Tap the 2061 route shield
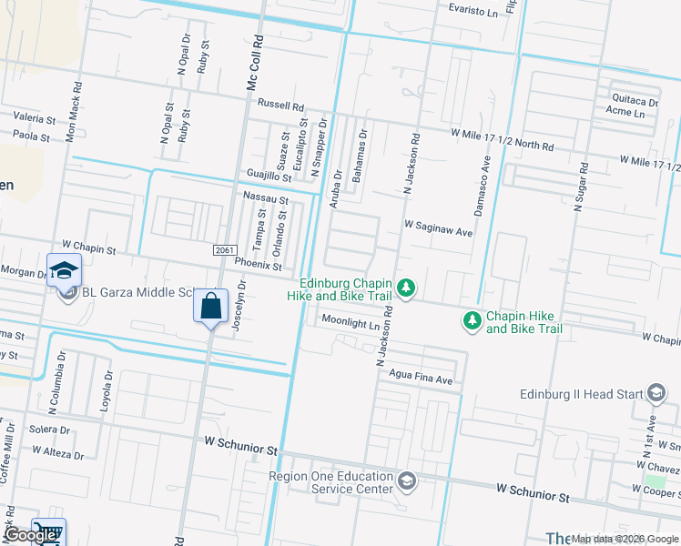pyautogui.click(x=225, y=250)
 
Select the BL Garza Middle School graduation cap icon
pyautogui.click(x=65, y=270)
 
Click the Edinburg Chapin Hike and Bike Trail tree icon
pyautogui.click(x=407, y=288)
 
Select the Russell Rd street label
pyautogui.click(x=280, y=105)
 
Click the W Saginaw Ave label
pyautogui.click(x=438, y=232)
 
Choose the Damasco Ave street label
pyautogui.click(x=486, y=177)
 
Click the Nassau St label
pyautogui.click(x=265, y=198)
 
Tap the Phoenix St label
pyautogui.click(x=258, y=265)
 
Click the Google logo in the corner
pyautogui.click(x=29, y=536)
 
